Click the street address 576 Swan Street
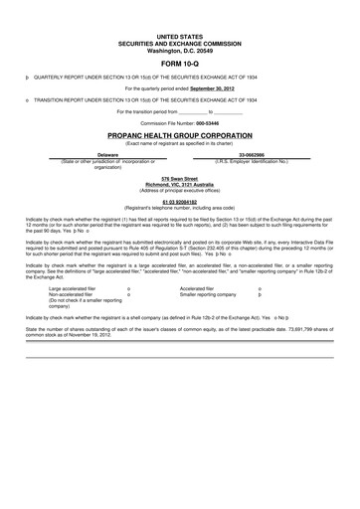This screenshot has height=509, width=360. pyautogui.click(x=179, y=178)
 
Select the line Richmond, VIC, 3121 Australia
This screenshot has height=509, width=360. pyautogui.click(x=179, y=184)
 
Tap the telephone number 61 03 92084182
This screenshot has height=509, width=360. pyautogui.click(x=179, y=200)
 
